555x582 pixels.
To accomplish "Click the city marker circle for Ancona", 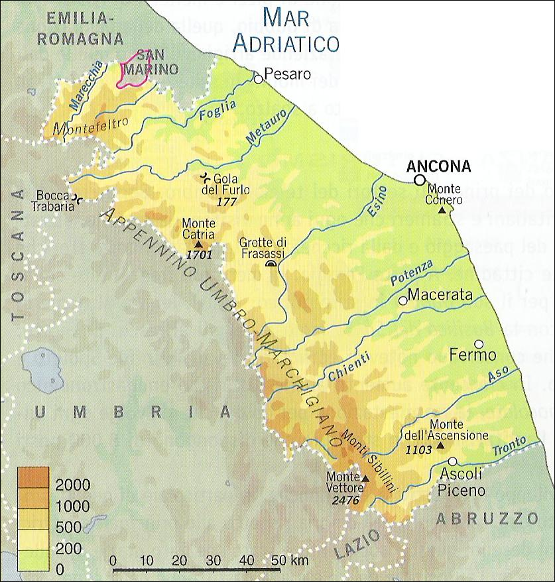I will [419, 180].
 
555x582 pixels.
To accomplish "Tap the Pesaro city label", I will [287, 74].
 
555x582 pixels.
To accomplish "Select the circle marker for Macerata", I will [402, 300].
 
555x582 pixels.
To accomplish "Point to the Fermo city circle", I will [479, 344].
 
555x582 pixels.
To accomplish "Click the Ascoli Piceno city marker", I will [452, 461].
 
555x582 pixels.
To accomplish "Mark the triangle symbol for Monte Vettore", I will [365, 478].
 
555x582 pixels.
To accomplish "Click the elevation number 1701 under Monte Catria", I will [198, 254].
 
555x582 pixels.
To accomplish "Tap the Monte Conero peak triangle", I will [442, 210].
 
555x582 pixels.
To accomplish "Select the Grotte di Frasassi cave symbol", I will [271, 264].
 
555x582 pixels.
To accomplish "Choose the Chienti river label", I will [349, 367].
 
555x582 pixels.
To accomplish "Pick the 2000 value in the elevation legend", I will [72, 485].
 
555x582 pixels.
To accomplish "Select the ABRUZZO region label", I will [489, 518].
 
